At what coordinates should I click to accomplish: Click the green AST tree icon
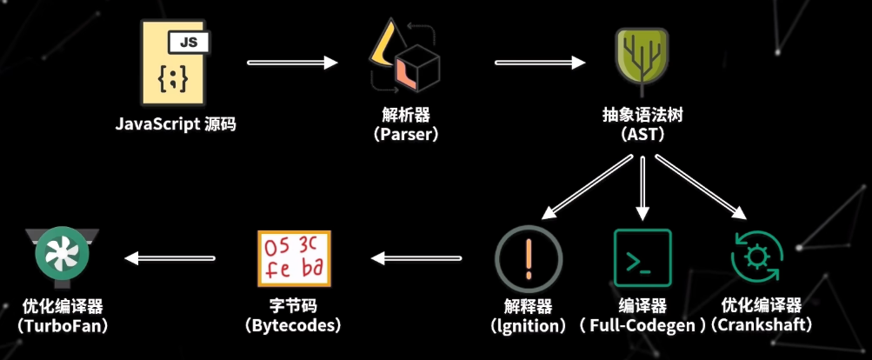point(642,59)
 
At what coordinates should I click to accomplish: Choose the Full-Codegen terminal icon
point(642,258)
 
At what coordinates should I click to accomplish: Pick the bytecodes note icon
point(295,258)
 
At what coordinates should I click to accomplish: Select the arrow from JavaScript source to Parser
point(292,63)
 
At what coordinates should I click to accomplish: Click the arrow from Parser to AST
point(540,63)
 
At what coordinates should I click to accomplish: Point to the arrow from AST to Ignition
point(587,188)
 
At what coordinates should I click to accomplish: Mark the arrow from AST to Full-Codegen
point(642,186)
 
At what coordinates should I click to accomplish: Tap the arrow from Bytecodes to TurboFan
point(170,257)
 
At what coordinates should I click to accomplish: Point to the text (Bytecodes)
point(295,325)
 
